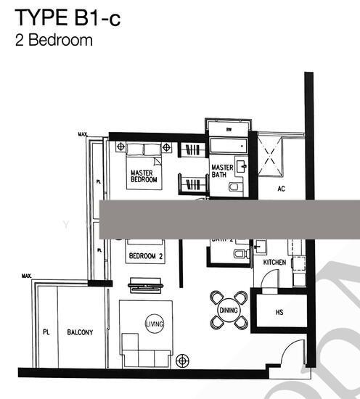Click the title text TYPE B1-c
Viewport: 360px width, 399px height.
pos(68,18)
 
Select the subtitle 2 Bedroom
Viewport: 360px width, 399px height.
pos(54,40)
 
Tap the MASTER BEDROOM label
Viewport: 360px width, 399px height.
pos(144,176)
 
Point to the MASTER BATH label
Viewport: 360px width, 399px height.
pos(222,171)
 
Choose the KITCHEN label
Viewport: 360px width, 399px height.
pos(274,262)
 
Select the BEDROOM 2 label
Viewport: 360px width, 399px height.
pos(146,256)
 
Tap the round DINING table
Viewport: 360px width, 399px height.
pos(228,310)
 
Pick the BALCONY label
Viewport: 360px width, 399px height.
pos(80,333)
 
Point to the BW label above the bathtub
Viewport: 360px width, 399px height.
pos(229,130)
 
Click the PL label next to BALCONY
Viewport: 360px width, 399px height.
pos(45,333)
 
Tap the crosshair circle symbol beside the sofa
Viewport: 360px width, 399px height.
pos(181,359)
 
